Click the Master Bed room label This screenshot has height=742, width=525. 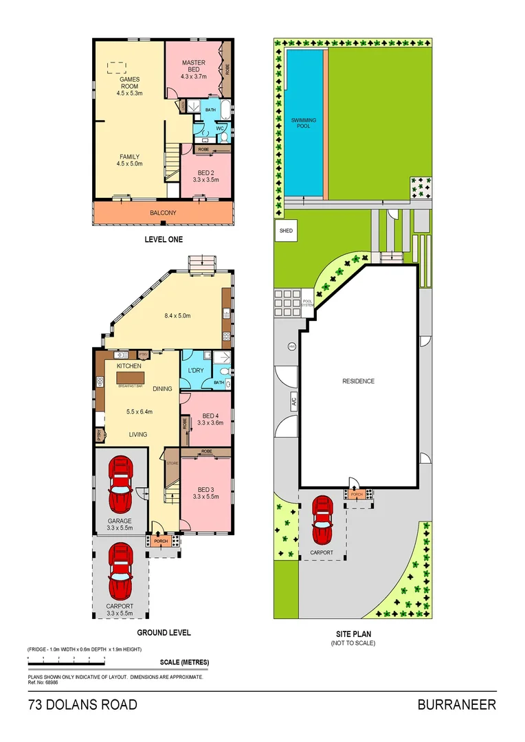tap(193, 67)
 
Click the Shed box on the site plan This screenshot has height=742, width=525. tap(286, 231)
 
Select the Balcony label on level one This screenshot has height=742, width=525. tap(163, 213)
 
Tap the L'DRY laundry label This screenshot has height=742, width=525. tap(196, 370)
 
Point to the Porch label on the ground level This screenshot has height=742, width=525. tap(161, 541)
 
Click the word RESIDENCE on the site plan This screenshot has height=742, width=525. tap(358, 381)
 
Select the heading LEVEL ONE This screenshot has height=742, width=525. tap(164, 240)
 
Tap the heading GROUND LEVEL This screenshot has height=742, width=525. tap(164, 633)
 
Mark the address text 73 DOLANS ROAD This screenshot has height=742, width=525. tap(82, 705)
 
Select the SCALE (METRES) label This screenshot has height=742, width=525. tap(184, 662)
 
